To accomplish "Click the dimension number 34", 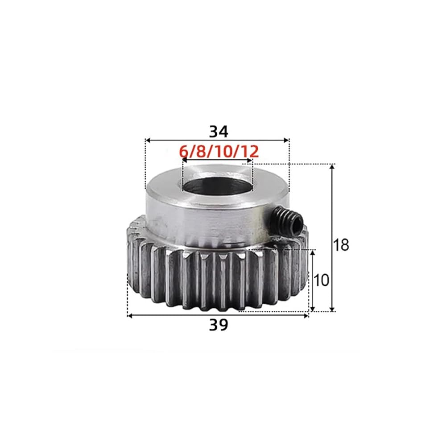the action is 219,132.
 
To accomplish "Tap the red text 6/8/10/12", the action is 219,152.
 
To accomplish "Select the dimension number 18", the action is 341,244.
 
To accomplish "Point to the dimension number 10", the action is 321,280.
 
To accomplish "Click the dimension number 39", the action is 219,325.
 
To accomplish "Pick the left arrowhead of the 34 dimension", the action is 148,140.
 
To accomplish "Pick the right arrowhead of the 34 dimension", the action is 287,140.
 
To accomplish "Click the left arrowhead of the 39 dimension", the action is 130,315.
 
